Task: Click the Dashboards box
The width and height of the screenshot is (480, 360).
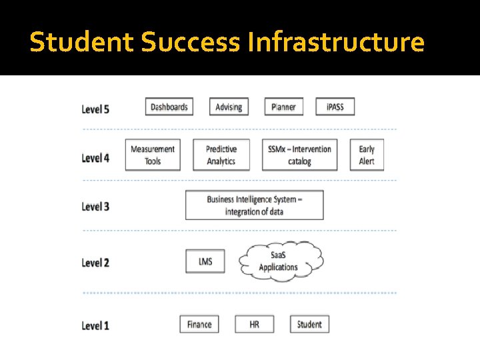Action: (x=169, y=107)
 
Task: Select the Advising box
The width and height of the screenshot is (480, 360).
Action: (x=229, y=107)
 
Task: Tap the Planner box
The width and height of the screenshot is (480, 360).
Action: (x=284, y=107)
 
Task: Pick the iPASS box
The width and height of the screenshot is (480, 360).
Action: (x=335, y=107)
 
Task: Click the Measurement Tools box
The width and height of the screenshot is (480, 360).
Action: (x=153, y=155)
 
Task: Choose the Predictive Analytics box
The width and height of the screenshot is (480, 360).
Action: (x=221, y=155)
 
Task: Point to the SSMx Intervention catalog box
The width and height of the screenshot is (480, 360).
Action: (x=299, y=155)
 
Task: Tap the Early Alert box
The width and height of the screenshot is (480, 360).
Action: (x=367, y=155)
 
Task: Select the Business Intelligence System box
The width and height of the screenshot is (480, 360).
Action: (x=254, y=205)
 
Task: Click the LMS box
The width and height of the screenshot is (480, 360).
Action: (x=205, y=261)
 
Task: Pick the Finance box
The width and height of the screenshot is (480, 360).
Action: (x=199, y=325)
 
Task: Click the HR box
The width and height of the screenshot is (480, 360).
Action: (x=254, y=325)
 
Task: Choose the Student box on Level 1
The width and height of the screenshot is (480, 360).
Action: (x=309, y=325)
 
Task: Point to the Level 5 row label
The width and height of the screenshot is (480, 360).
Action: (x=95, y=109)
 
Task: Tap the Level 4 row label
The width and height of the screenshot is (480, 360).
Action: (x=95, y=158)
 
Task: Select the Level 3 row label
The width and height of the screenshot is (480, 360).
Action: (x=95, y=206)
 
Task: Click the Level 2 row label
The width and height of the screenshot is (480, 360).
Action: (x=95, y=263)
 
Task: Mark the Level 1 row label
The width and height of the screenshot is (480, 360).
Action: (x=95, y=326)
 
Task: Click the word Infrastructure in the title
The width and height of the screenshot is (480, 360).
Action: (x=335, y=42)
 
